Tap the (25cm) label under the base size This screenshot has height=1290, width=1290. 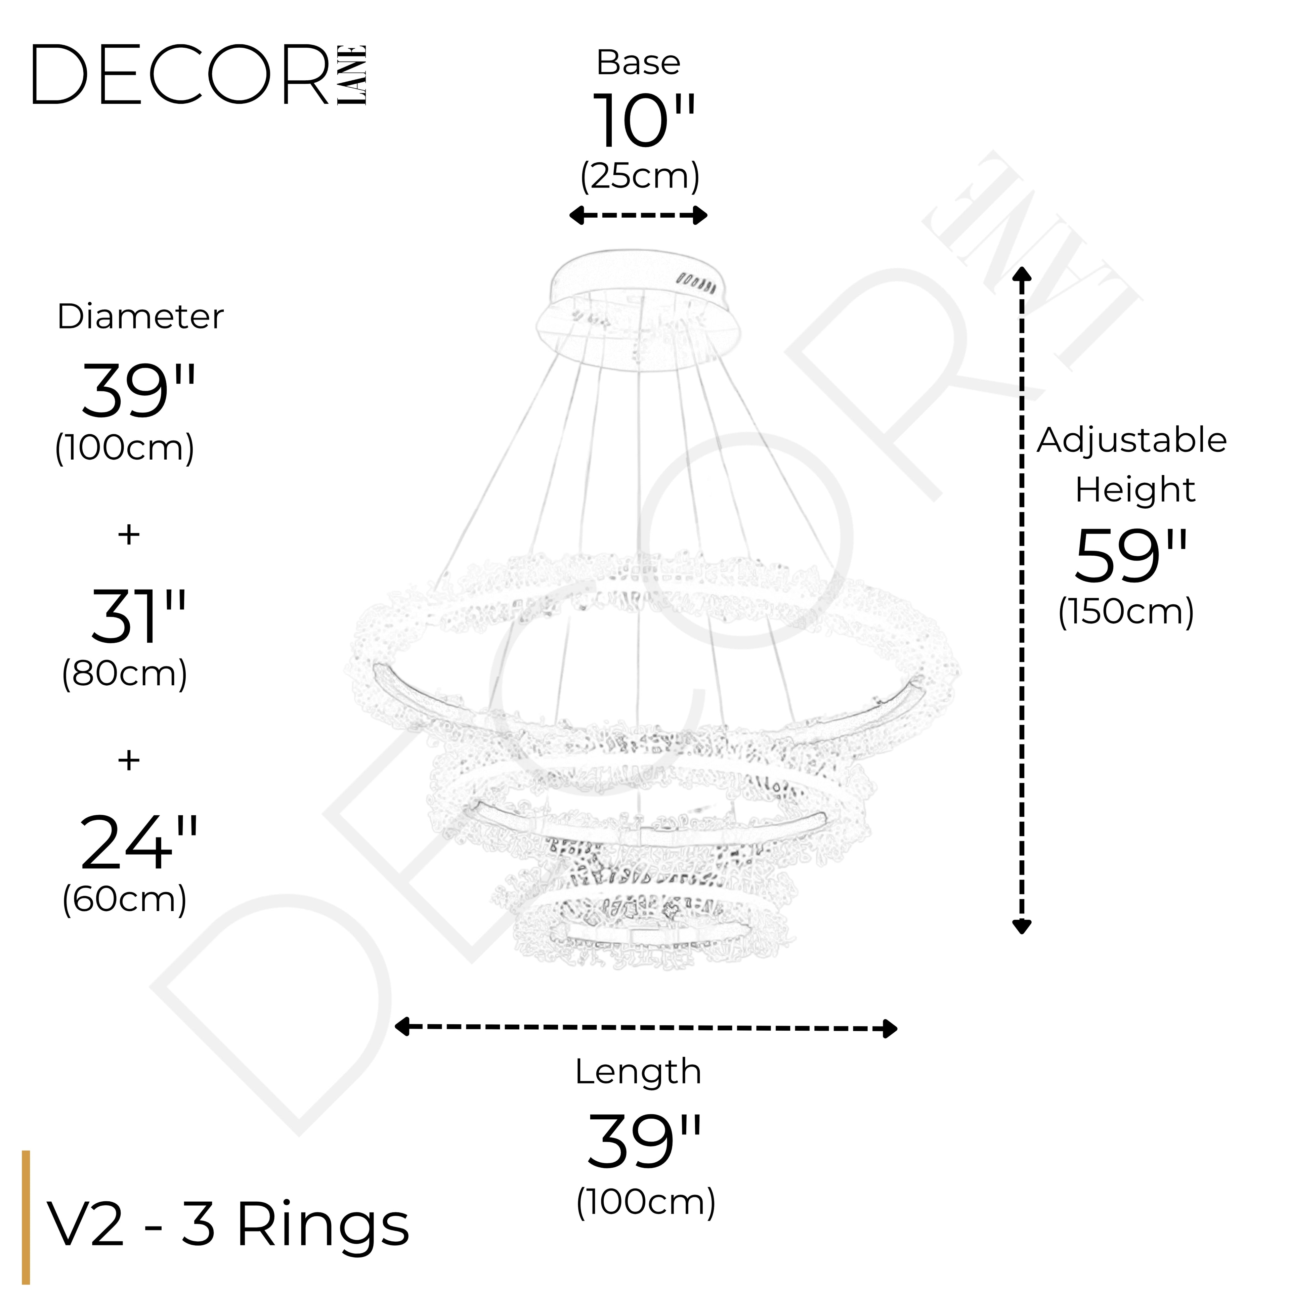click(x=640, y=176)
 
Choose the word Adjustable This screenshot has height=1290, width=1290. click(x=1131, y=441)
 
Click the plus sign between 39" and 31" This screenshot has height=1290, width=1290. click(x=129, y=534)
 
